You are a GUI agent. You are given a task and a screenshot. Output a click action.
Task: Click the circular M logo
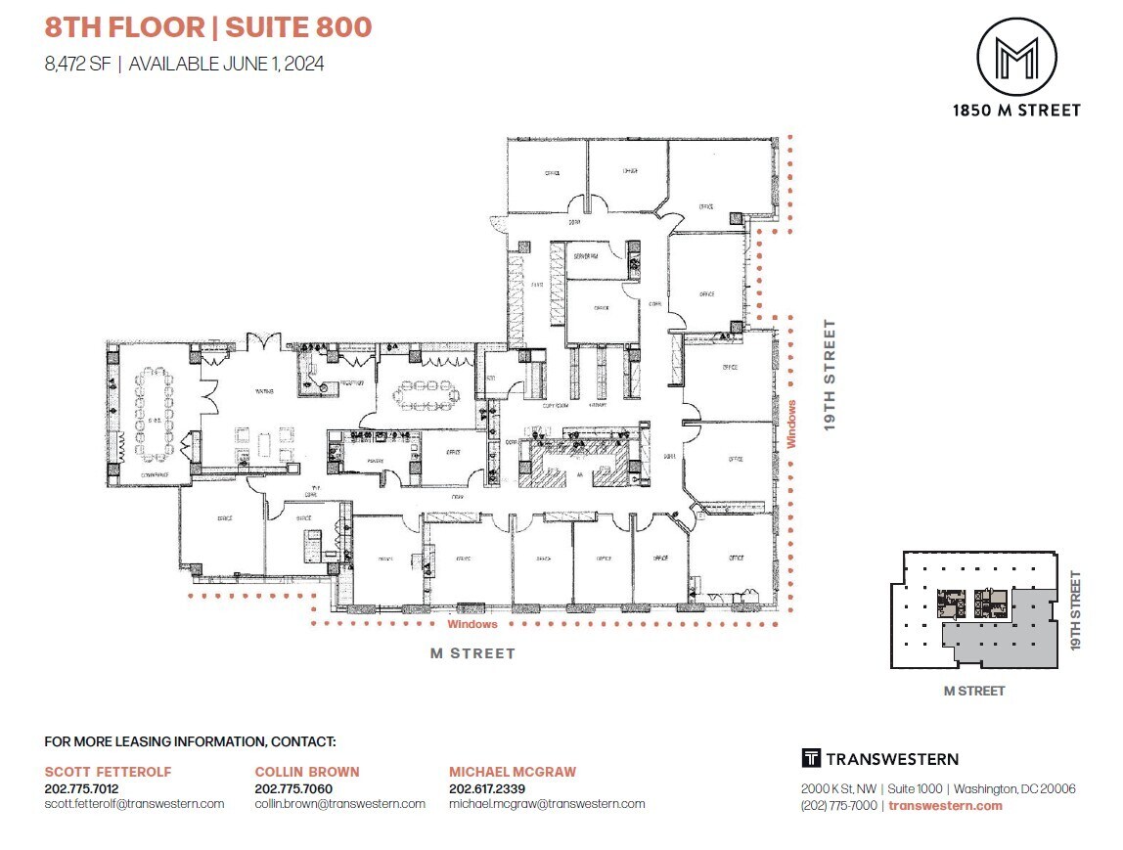point(1016,57)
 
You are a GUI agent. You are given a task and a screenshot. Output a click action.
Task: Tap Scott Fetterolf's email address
point(134,804)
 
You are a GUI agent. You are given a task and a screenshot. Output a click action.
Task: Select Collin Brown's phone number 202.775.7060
point(293,788)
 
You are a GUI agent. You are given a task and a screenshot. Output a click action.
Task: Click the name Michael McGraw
point(513,772)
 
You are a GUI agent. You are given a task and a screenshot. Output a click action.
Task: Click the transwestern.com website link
point(945,806)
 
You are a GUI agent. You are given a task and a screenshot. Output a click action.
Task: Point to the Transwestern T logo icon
point(810,758)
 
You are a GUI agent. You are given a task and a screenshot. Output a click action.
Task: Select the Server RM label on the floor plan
point(586,255)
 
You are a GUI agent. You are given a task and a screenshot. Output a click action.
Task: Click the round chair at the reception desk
point(324,387)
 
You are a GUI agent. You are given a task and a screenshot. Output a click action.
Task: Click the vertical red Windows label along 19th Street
point(791,423)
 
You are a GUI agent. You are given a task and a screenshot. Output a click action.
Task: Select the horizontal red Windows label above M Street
point(472,624)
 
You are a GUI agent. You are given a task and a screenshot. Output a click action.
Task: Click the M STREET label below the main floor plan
point(472,653)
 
